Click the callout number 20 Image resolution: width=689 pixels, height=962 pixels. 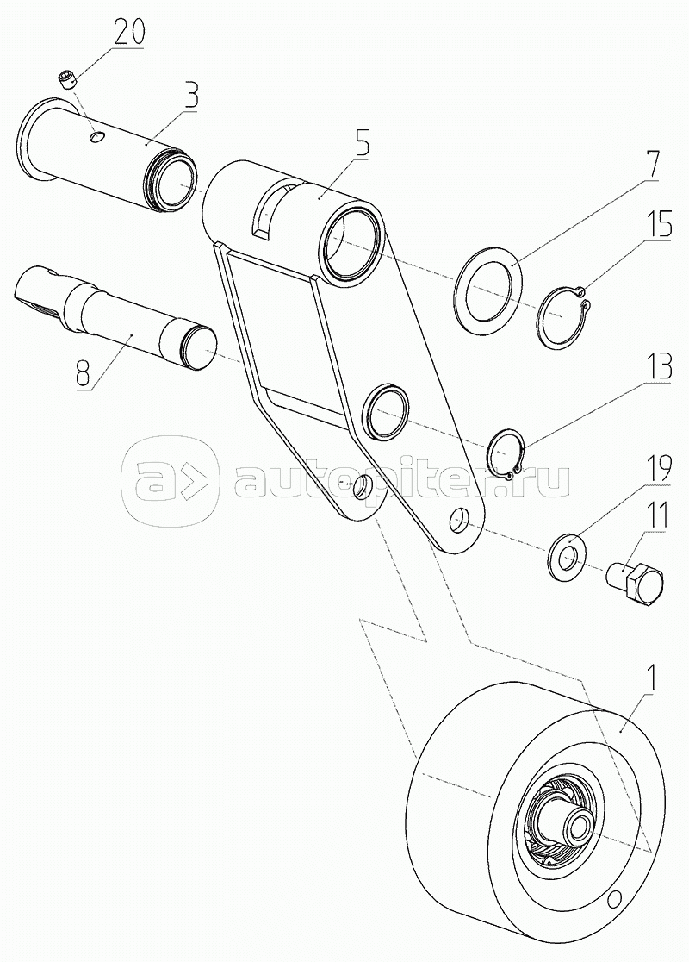(127, 33)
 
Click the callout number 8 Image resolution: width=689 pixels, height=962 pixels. (85, 373)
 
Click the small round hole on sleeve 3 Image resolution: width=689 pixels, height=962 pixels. (96, 138)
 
